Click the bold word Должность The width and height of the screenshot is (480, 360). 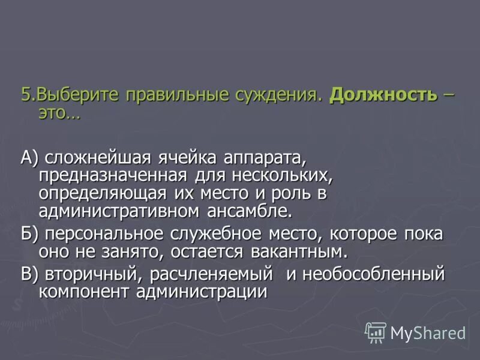(x=383, y=95)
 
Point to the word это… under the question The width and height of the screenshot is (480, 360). (x=58, y=112)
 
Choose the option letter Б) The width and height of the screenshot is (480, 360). (x=29, y=233)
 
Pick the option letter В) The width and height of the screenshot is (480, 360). (x=29, y=274)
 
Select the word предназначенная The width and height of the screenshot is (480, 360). (x=113, y=176)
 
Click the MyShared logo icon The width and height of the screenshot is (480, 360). (x=376, y=332)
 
